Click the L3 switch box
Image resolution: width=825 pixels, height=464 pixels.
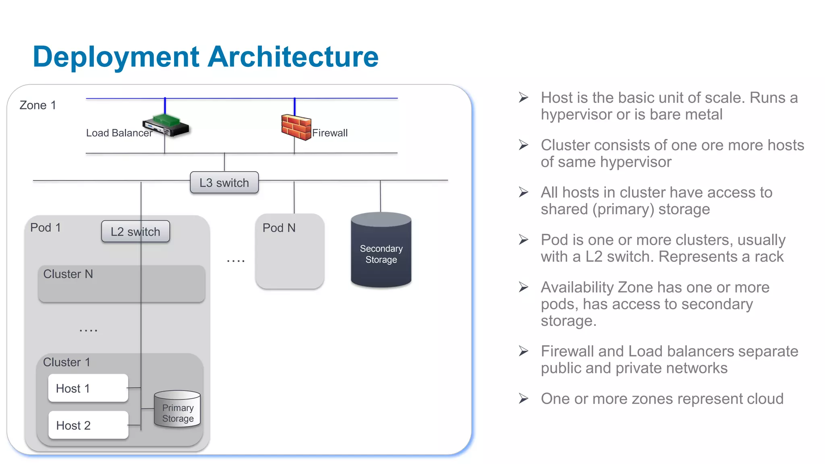click(224, 182)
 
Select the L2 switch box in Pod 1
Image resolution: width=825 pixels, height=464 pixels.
click(135, 232)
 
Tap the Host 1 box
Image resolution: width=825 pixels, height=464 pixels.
click(88, 388)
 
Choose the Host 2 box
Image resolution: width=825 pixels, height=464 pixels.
click(88, 425)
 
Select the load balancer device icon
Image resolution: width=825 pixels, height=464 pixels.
click(166, 125)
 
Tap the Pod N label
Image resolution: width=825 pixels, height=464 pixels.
click(279, 228)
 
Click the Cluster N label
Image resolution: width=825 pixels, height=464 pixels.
click(68, 274)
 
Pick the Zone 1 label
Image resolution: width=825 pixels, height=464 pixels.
click(38, 106)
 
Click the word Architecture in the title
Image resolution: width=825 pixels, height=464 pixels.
click(293, 57)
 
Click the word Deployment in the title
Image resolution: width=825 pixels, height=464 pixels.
click(116, 57)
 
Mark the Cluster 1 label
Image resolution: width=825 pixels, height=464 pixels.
click(66, 362)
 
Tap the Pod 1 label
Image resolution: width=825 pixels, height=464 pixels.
click(46, 228)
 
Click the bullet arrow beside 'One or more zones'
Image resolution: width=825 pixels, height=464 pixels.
click(523, 399)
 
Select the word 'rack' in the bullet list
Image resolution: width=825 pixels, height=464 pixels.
click(769, 257)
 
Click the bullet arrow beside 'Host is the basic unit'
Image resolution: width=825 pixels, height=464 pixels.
click(523, 97)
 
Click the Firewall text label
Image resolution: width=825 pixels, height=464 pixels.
click(330, 133)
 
